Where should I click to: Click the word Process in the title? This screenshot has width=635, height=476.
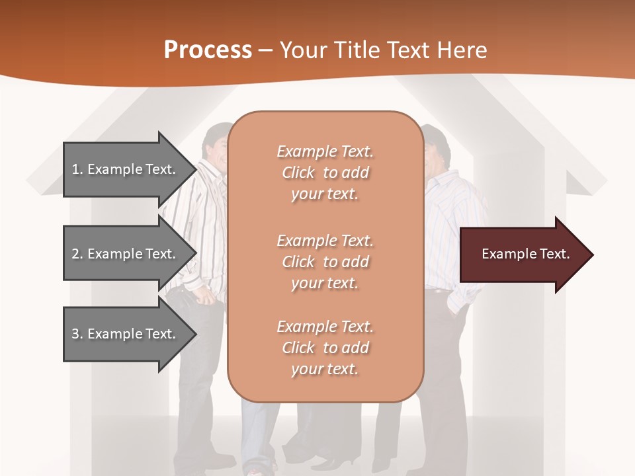[x=208, y=50]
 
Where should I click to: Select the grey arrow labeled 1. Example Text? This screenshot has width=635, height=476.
[x=126, y=169]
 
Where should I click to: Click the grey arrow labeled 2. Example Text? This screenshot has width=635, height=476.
[x=126, y=254]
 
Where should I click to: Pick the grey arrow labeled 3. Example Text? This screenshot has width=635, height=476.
[x=126, y=334]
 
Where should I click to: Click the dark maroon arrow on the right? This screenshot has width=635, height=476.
[x=523, y=255]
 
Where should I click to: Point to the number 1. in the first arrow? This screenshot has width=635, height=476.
[x=77, y=169]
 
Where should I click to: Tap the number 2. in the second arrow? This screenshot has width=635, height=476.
[x=77, y=254]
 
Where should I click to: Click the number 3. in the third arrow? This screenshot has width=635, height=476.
[x=77, y=334]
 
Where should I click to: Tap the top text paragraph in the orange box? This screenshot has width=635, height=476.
[x=325, y=173]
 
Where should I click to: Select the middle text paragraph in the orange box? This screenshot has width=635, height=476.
[x=325, y=262]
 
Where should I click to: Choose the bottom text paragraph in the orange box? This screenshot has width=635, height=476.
[x=325, y=348]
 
